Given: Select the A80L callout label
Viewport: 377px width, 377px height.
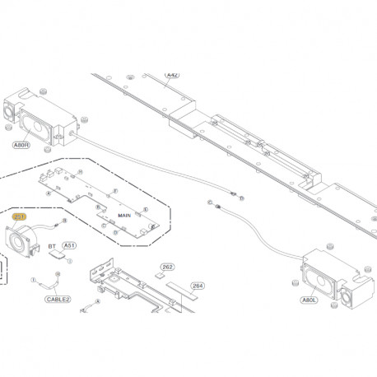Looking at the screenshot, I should (x=309, y=300).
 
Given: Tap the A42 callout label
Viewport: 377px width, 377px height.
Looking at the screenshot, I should (x=172, y=75).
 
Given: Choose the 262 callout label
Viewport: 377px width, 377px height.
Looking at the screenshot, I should (x=168, y=268).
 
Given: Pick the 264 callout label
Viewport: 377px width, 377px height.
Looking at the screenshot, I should (x=197, y=286).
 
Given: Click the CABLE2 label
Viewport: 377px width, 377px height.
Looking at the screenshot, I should (x=59, y=300).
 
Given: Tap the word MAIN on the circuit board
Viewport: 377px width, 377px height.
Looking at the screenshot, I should (x=124, y=215).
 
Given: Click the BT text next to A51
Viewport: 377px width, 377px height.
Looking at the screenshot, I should (x=52, y=245).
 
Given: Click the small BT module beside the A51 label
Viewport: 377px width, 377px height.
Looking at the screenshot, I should (x=58, y=256).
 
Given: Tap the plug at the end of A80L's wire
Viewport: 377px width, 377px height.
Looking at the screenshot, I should (x=212, y=202).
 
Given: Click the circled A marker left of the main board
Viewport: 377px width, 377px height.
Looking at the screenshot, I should (x=49, y=193).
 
